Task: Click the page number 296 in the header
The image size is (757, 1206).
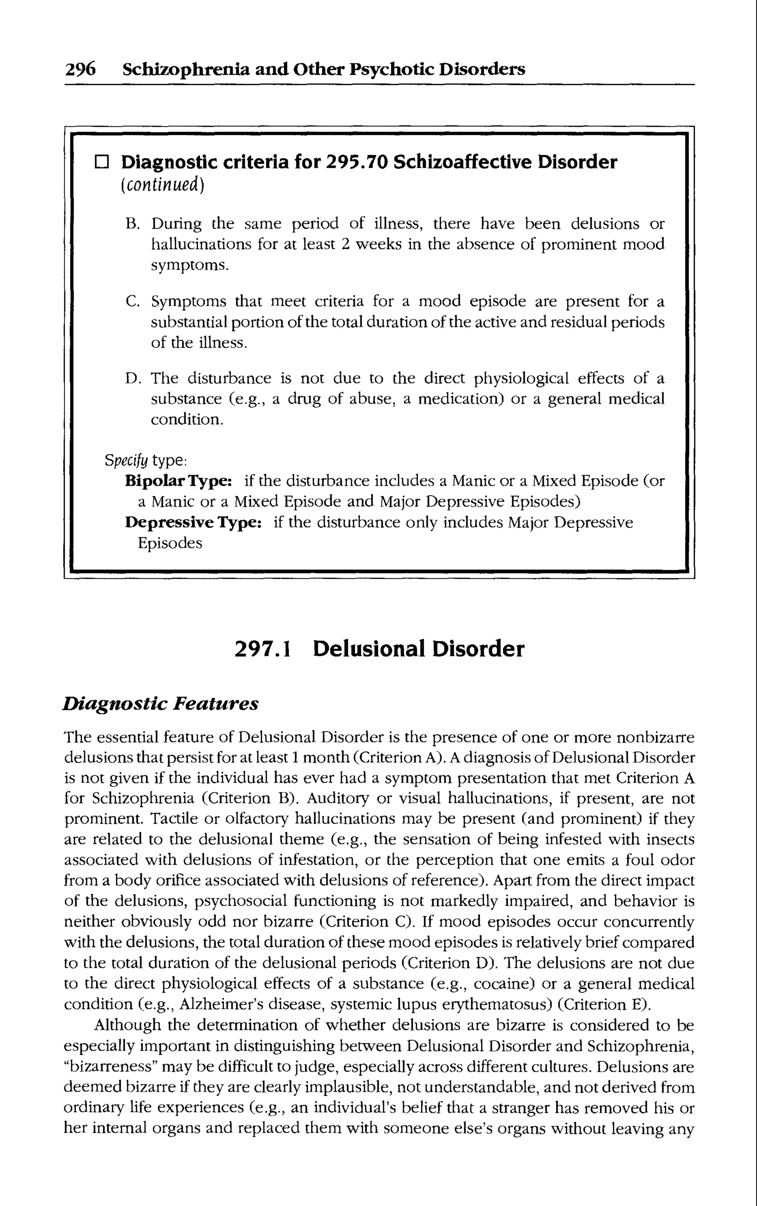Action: pyautogui.click(x=80, y=69)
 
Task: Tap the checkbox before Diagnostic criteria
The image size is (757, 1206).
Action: pyautogui.click(x=102, y=162)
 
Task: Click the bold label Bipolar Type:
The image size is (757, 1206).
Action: pyautogui.click(x=178, y=481)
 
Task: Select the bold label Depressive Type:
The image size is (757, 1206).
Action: pyautogui.click(x=193, y=523)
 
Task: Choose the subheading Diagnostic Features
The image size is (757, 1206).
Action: pyautogui.click(x=160, y=704)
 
